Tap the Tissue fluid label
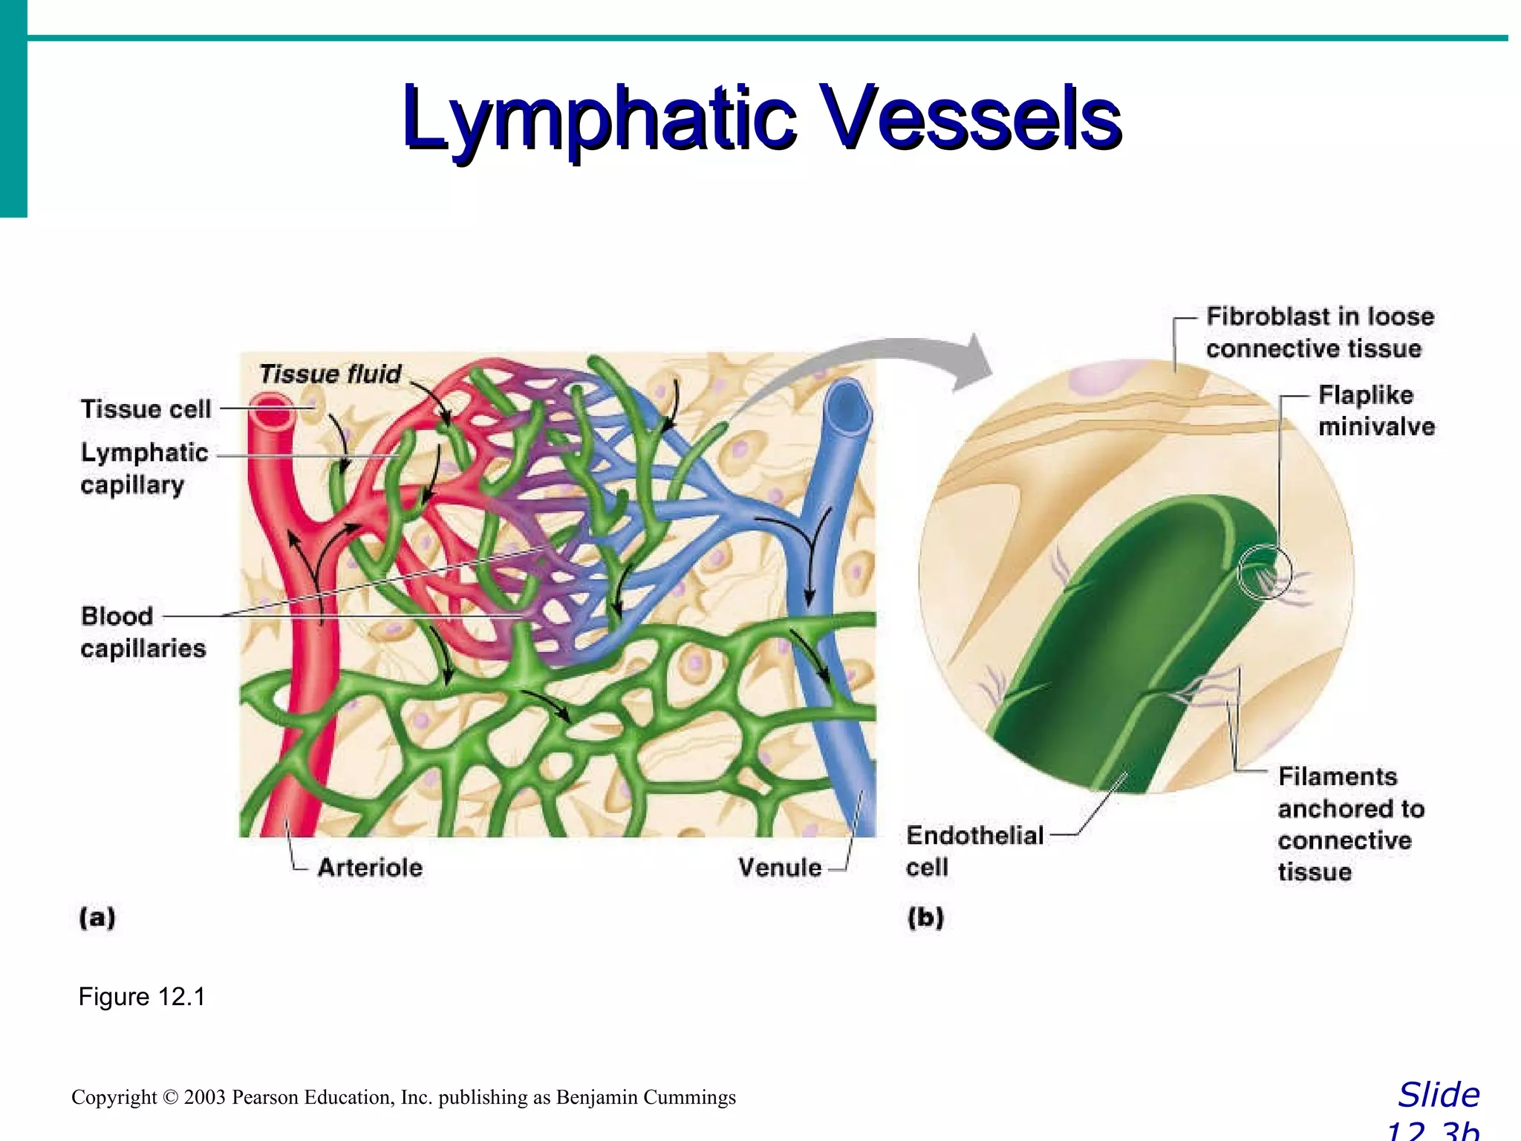[x=330, y=374]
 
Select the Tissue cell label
[x=146, y=409]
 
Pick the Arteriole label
[x=370, y=867]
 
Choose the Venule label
[x=779, y=867]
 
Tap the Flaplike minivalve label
[x=1375, y=410]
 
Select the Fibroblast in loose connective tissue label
[x=1319, y=332]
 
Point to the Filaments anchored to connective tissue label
[x=1350, y=823]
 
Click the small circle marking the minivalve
[x=1265, y=571]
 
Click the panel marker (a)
[x=97, y=917]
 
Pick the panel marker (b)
[x=925, y=917]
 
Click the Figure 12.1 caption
[x=141, y=996]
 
